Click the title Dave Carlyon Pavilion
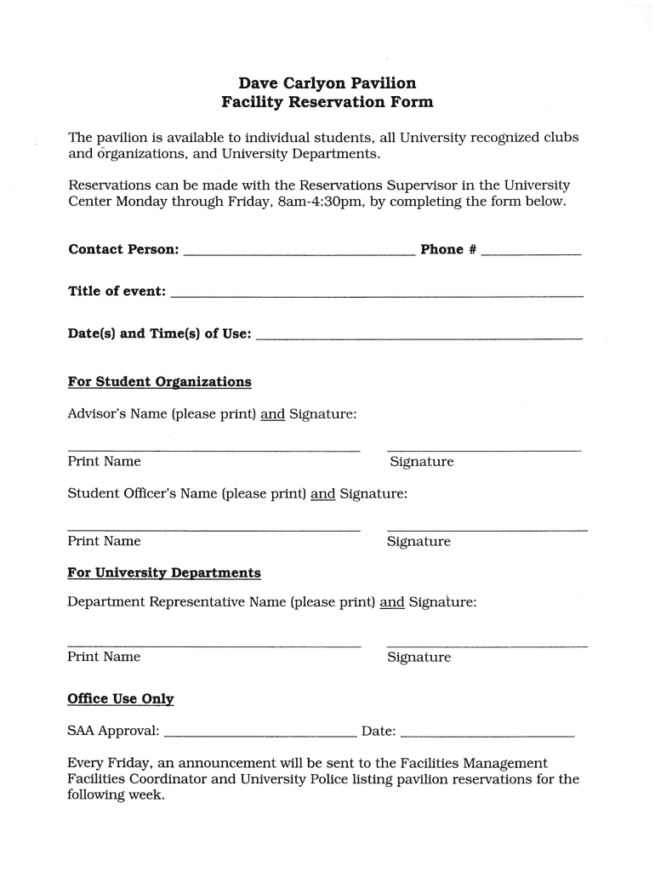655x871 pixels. coord(327,83)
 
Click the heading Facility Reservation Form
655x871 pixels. coord(327,102)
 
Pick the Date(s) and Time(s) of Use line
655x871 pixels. coord(419,338)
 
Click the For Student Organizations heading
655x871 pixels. coord(159,381)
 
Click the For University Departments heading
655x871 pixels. coord(164,572)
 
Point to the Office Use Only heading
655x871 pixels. coord(121,699)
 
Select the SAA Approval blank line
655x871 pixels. coord(260,733)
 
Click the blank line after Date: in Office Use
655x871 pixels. coord(487,733)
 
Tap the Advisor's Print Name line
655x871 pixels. coord(214,449)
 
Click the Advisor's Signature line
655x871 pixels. coord(483,449)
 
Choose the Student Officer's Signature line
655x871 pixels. coord(487,530)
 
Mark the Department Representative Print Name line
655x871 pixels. coord(214,646)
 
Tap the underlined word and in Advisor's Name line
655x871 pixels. coord(272,414)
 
